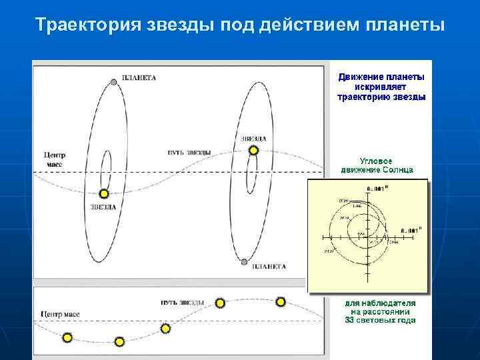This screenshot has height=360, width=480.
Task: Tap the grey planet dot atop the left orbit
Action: click(x=114, y=82)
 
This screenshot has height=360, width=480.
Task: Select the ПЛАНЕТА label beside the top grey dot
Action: click(x=139, y=77)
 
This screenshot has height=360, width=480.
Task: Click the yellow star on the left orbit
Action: click(x=103, y=194)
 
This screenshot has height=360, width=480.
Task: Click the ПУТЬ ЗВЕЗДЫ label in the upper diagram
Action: click(x=189, y=153)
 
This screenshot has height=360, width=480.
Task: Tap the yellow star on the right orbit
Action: click(x=253, y=151)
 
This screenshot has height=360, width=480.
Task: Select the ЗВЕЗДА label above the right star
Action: click(x=254, y=139)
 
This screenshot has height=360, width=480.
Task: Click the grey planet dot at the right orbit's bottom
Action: click(x=245, y=261)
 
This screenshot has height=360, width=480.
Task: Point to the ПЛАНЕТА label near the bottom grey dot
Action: click(x=269, y=267)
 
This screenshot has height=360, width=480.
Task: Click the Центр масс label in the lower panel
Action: click(x=61, y=313)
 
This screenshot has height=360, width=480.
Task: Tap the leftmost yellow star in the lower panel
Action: click(x=67, y=338)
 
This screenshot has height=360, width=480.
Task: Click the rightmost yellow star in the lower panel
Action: click(x=281, y=302)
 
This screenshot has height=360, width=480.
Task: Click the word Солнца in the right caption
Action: click(x=397, y=169)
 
